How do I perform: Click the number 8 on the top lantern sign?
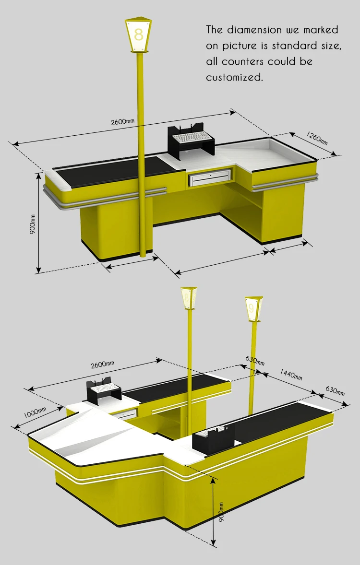(139, 35)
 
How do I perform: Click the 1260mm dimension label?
(317, 138)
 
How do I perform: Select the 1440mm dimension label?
(291, 375)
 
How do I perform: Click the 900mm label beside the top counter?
(33, 224)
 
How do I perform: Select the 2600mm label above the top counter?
(122, 121)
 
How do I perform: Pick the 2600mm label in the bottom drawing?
(102, 365)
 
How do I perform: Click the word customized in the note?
(234, 77)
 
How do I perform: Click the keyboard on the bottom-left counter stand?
(105, 388)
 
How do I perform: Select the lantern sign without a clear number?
(189, 298)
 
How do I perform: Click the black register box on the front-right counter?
(214, 439)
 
